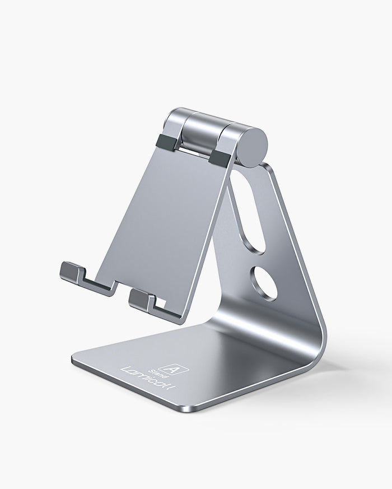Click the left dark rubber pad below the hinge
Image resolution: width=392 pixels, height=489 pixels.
(x=169, y=141)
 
